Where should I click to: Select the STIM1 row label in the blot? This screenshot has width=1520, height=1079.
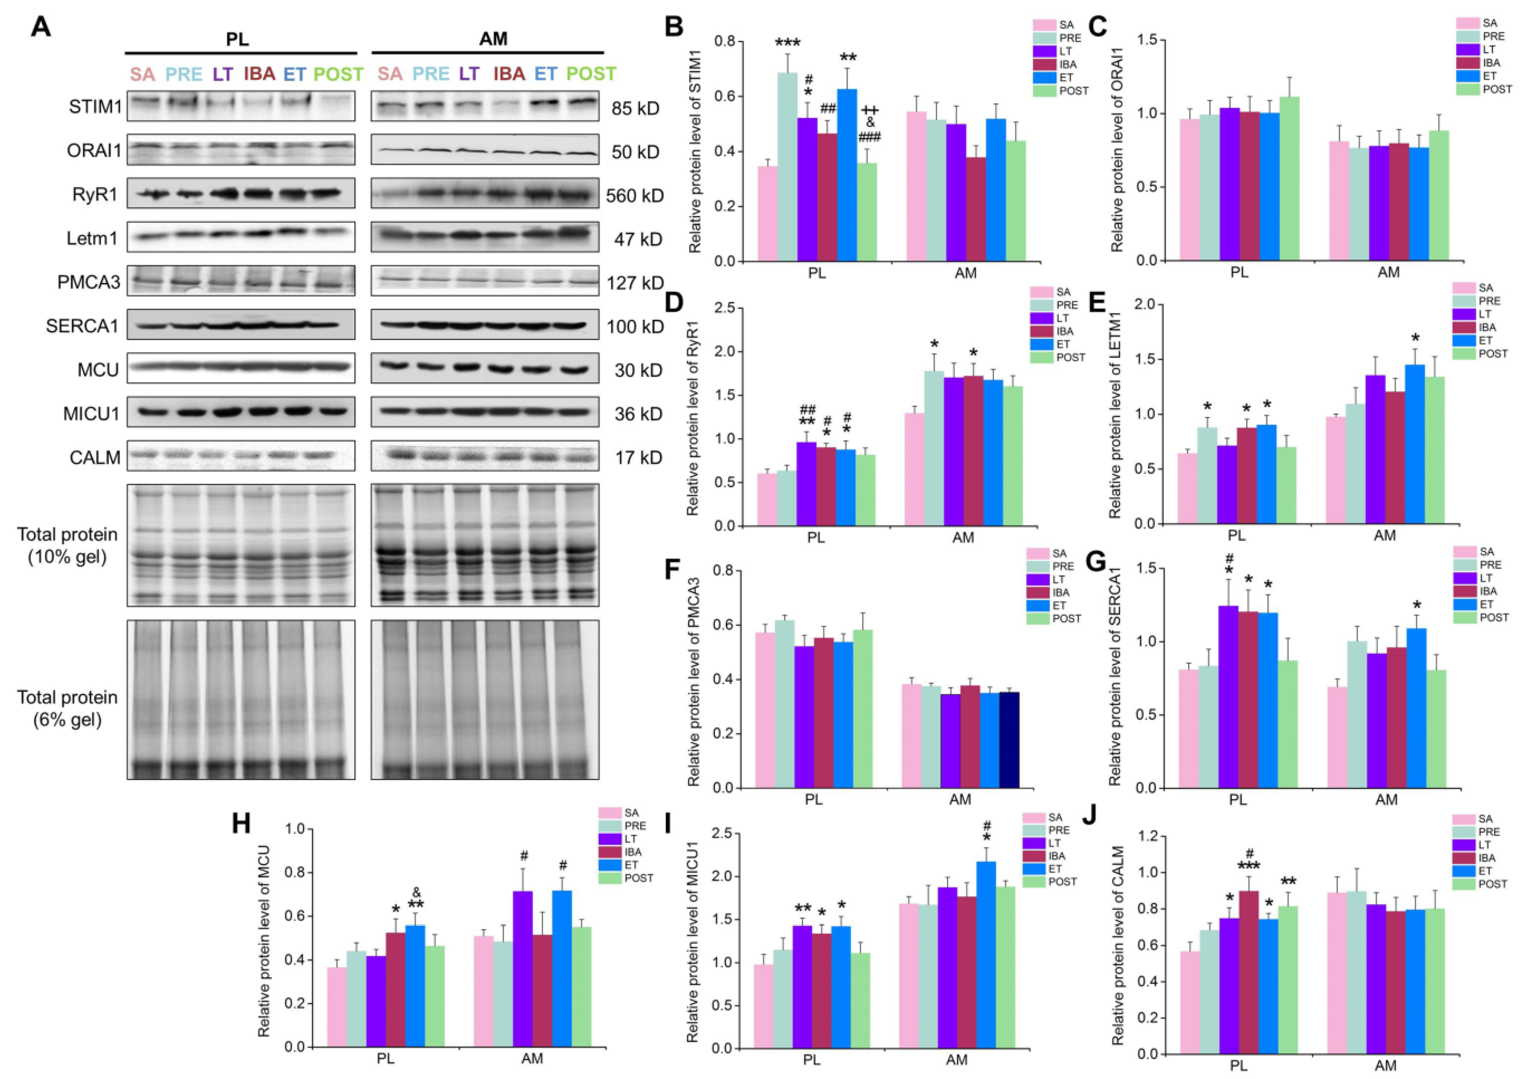click(95, 107)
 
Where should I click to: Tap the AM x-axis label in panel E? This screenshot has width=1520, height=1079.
click(1385, 535)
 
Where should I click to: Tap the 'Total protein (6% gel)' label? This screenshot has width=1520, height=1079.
click(67, 708)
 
